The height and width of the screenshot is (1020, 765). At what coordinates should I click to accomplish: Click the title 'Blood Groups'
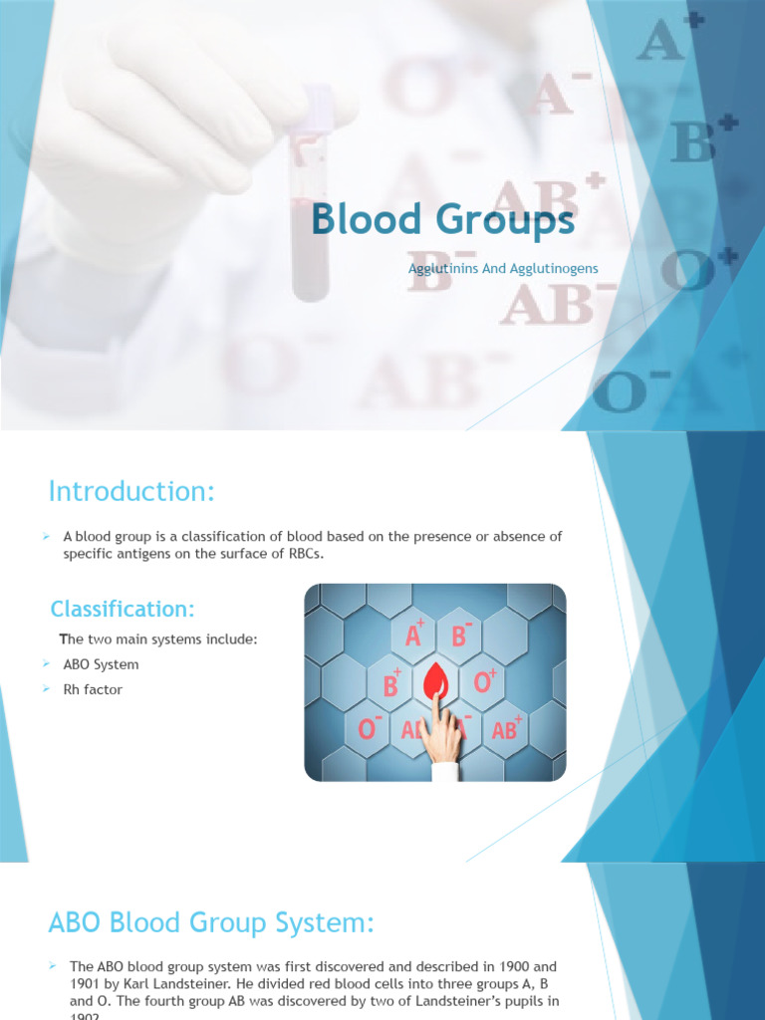click(442, 221)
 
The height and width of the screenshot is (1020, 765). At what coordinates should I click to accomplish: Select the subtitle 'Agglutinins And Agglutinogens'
click(503, 269)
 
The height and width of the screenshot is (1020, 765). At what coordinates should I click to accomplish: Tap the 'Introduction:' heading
click(131, 491)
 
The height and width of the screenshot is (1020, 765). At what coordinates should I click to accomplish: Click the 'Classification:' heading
click(124, 608)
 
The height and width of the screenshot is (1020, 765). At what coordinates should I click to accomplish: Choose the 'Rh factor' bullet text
click(94, 689)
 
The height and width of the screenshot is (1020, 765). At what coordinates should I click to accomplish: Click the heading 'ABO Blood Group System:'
click(211, 923)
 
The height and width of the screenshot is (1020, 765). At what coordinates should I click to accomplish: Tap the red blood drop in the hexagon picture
click(435, 683)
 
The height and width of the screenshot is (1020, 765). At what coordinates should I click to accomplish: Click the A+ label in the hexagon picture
click(412, 635)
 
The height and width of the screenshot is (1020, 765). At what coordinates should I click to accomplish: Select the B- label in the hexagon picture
click(460, 635)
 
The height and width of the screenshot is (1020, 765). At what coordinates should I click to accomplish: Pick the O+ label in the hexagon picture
click(485, 682)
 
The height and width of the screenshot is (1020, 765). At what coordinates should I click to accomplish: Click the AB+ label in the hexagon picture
click(507, 729)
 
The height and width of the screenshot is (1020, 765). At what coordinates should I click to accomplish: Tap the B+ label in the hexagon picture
click(389, 683)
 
